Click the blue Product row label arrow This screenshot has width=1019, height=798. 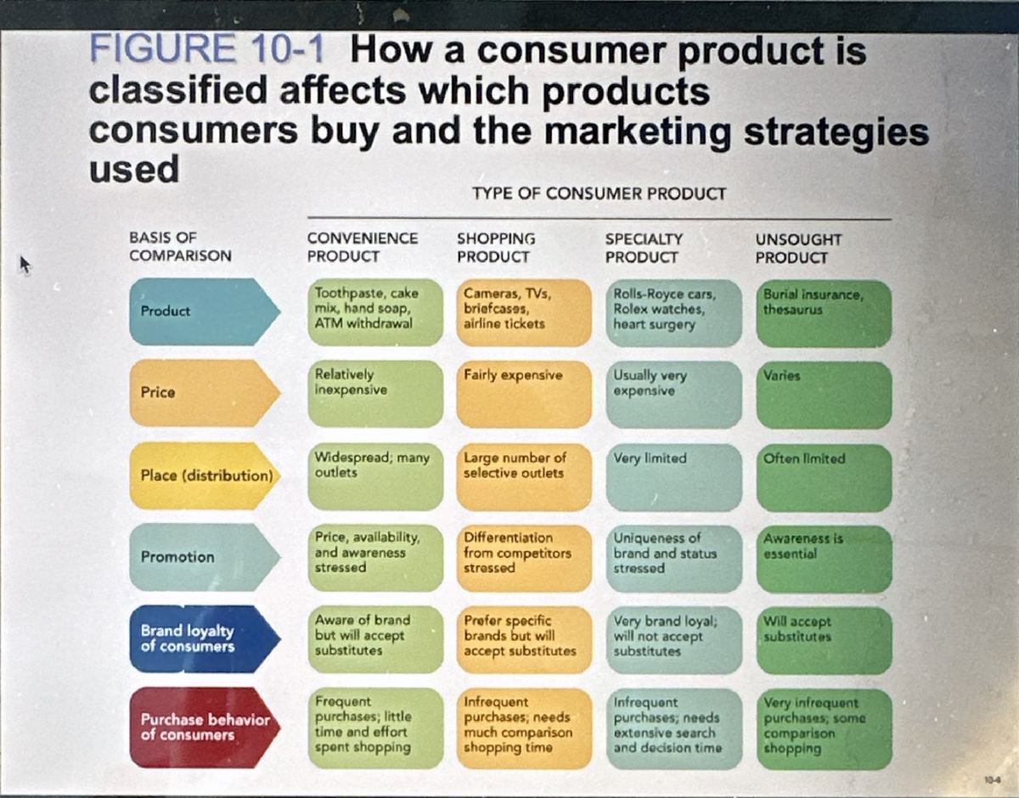pyautogui.click(x=204, y=311)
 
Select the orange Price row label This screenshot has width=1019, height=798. pyautogui.click(x=204, y=392)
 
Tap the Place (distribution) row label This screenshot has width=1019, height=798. pyautogui.click(x=205, y=475)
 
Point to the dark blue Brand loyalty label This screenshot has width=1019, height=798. pyautogui.click(x=204, y=638)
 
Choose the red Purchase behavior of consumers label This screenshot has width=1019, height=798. pyautogui.click(x=204, y=728)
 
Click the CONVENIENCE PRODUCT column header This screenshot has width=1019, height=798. pyautogui.click(x=363, y=247)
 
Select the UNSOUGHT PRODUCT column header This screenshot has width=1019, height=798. pyautogui.click(x=797, y=249)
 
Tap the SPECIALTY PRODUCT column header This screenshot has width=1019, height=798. pyautogui.click(x=644, y=248)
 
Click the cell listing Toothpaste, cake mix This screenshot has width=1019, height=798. pyautogui.click(x=374, y=312)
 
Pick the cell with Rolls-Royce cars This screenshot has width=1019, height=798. pyautogui.click(x=673, y=312)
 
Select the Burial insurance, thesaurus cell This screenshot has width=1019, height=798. pyautogui.click(x=823, y=313)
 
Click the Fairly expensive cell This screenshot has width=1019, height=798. pyautogui.click(x=523, y=393)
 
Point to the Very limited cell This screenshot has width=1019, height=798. pyautogui.click(x=673, y=476)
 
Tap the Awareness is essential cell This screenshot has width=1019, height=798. pyautogui.click(x=823, y=558)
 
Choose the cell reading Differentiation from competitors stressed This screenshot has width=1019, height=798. pyautogui.click(x=523, y=557)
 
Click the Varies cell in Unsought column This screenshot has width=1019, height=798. pyautogui.click(x=823, y=394)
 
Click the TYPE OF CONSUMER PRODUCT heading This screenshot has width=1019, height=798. pyautogui.click(x=599, y=194)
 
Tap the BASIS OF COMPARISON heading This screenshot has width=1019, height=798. pyautogui.click(x=180, y=247)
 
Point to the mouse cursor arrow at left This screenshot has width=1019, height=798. pyautogui.click(x=25, y=266)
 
